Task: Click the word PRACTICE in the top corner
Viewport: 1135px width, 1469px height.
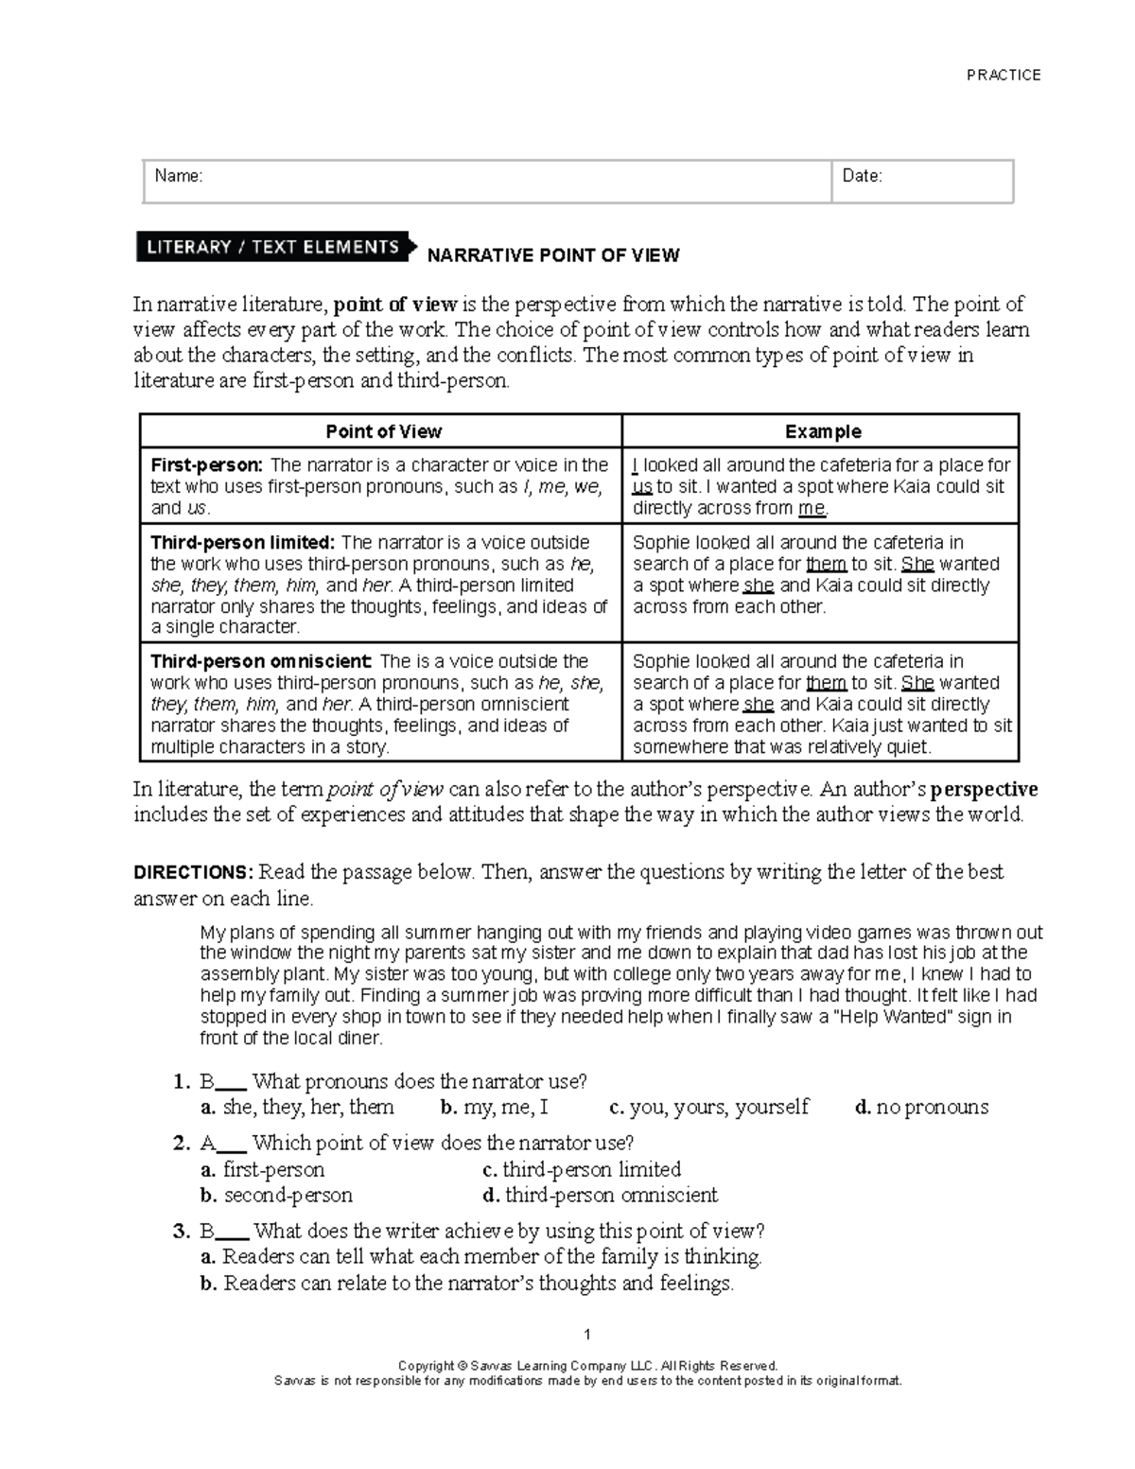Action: click(1004, 75)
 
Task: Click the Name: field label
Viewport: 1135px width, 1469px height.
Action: click(179, 176)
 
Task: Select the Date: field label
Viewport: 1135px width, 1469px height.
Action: click(862, 176)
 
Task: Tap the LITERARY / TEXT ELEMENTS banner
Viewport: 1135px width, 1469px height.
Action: click(273, 247)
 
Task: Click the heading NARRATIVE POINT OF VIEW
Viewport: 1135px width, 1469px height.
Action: click(553, 255)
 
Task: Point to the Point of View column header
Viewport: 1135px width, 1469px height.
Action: click(383, 431)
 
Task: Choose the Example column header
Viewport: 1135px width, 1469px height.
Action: click(823, 431)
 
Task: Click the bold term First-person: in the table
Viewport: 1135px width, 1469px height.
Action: click(206, 465)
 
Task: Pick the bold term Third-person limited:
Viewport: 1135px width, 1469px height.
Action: click(243, 543)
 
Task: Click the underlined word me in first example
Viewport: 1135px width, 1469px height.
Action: click(812, 509)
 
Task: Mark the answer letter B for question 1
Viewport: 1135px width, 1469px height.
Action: click(207, 1081)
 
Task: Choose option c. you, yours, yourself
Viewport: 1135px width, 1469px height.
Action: click(709, 1107)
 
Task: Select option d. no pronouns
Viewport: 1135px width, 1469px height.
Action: click(921, 1107)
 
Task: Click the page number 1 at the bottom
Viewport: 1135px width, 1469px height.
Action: click(587, 1335)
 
